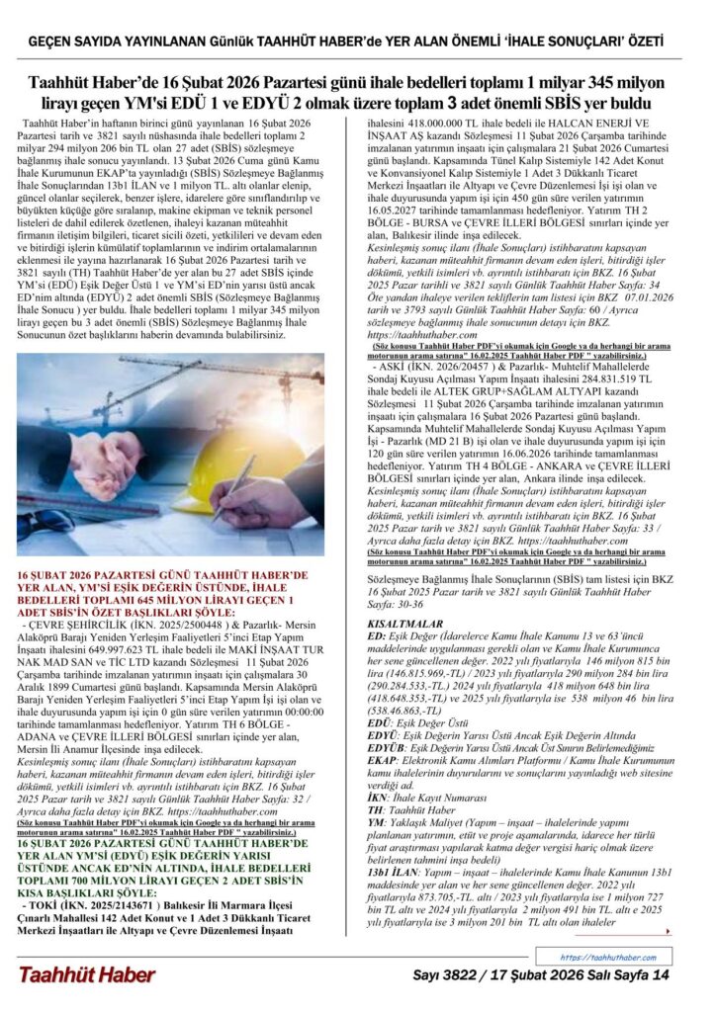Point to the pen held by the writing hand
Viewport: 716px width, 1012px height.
pos(233,490)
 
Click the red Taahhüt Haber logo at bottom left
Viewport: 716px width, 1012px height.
pos(87,975)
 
